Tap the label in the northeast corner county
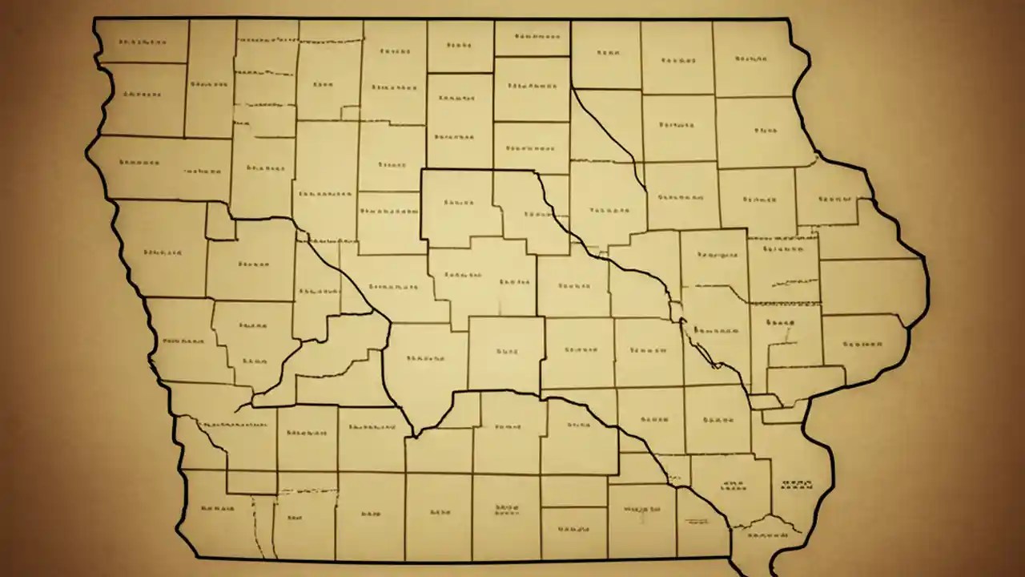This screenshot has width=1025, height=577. tap(750, 59)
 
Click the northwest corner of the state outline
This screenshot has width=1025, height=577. tap(94, 19)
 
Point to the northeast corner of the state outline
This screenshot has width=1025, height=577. tap(789, 20)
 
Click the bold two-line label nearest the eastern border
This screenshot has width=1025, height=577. tap(780, 324)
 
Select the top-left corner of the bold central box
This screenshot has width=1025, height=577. tap(421, 170)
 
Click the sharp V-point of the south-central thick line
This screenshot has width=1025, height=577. tap(413, 437)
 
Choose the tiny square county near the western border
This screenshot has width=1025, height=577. tap(219, 220)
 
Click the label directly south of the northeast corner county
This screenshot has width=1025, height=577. tap(766, 128)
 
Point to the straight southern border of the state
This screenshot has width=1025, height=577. tap(464, 560)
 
